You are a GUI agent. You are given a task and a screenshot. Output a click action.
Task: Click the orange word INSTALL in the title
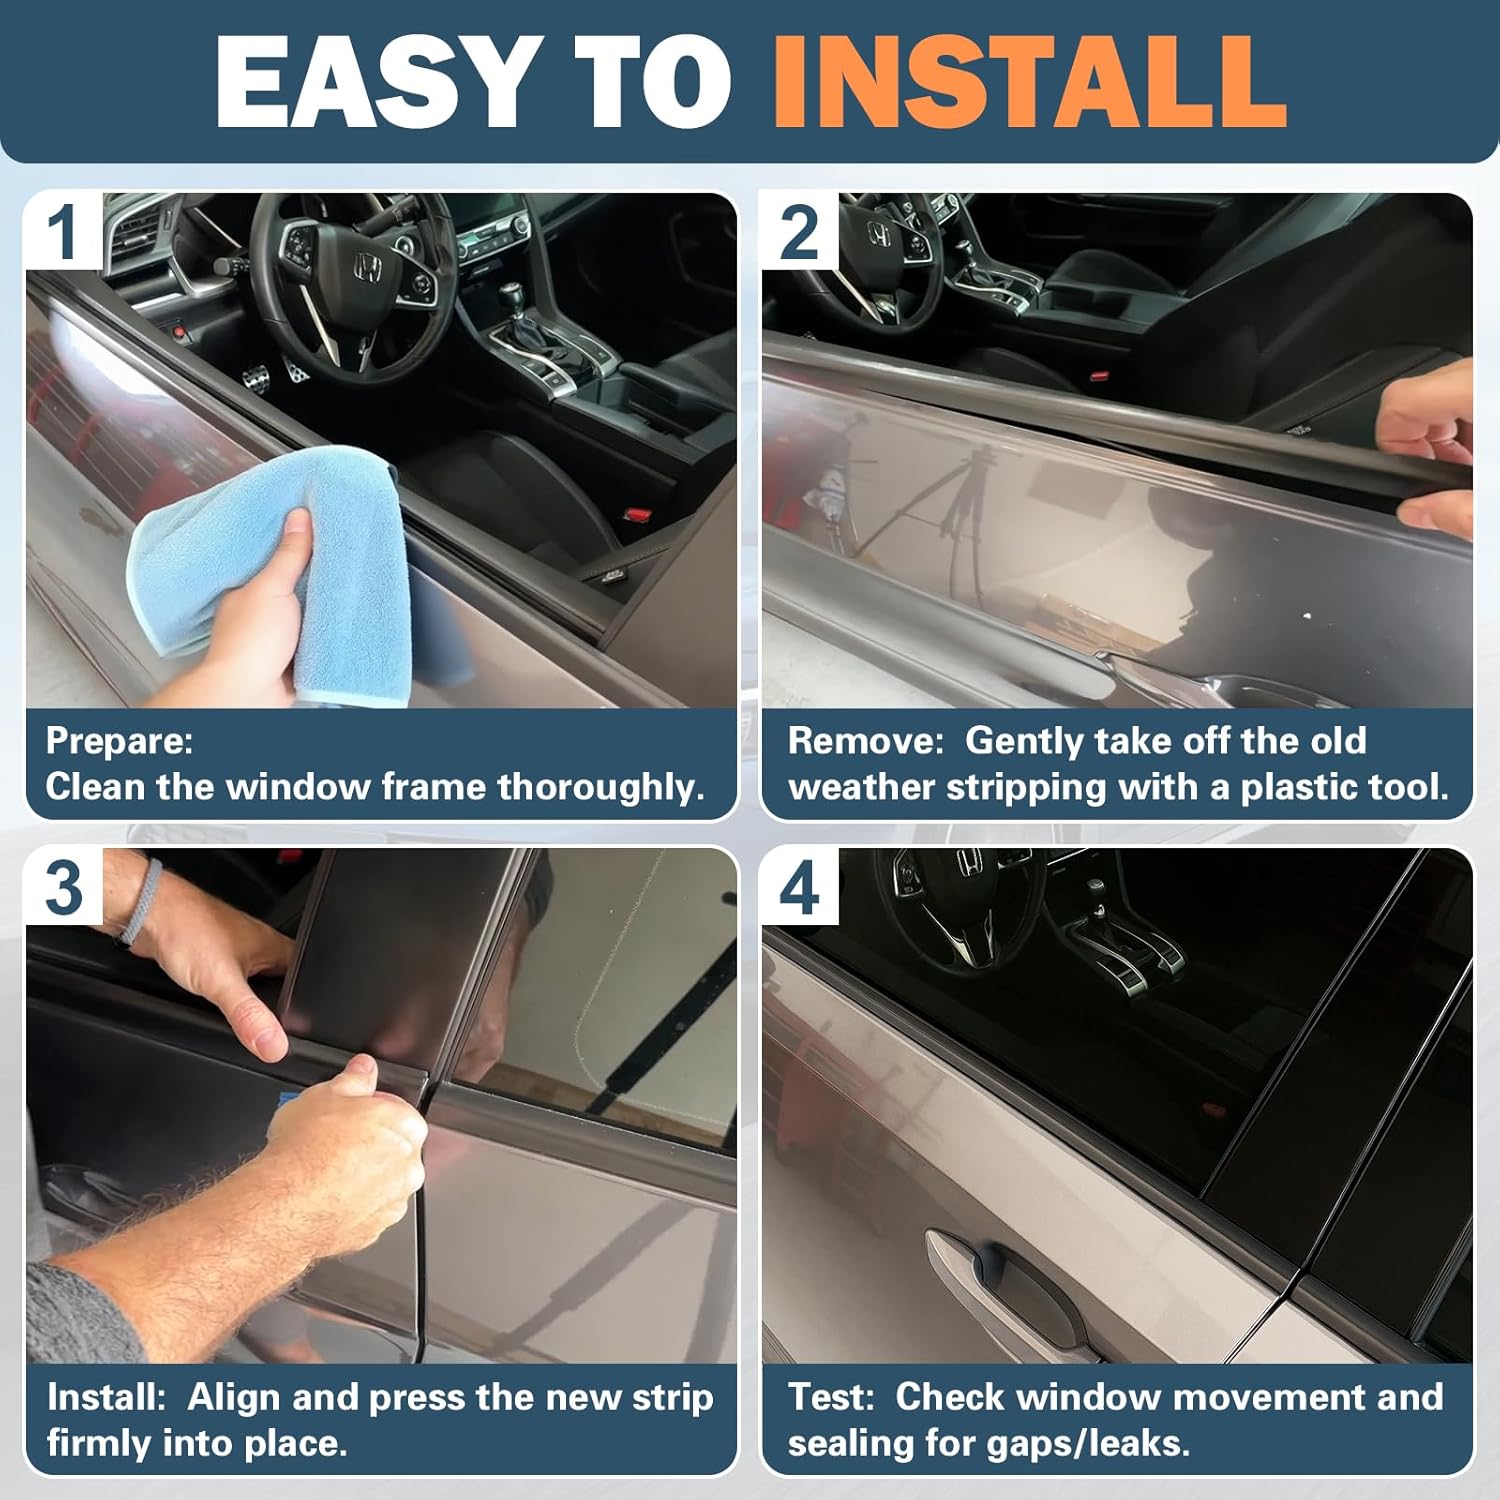(x=1029, y=82)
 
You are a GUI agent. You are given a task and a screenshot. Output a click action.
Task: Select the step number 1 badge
(x=63, y=232)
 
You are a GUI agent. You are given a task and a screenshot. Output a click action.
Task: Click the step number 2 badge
(x=799, y=232)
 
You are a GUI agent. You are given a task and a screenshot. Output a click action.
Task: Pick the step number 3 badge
(x=64, y=887)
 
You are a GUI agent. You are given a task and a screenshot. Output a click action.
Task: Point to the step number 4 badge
(x=799, y=887)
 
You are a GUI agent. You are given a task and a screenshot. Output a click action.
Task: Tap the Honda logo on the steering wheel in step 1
(x=366, y=268)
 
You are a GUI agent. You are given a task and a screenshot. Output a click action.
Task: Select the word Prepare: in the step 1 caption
(x=119, y=741)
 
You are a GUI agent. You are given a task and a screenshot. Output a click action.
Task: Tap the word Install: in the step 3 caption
(x=106, y=1397)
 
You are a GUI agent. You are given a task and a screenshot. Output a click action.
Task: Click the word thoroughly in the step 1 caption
(x=600, y=787)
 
